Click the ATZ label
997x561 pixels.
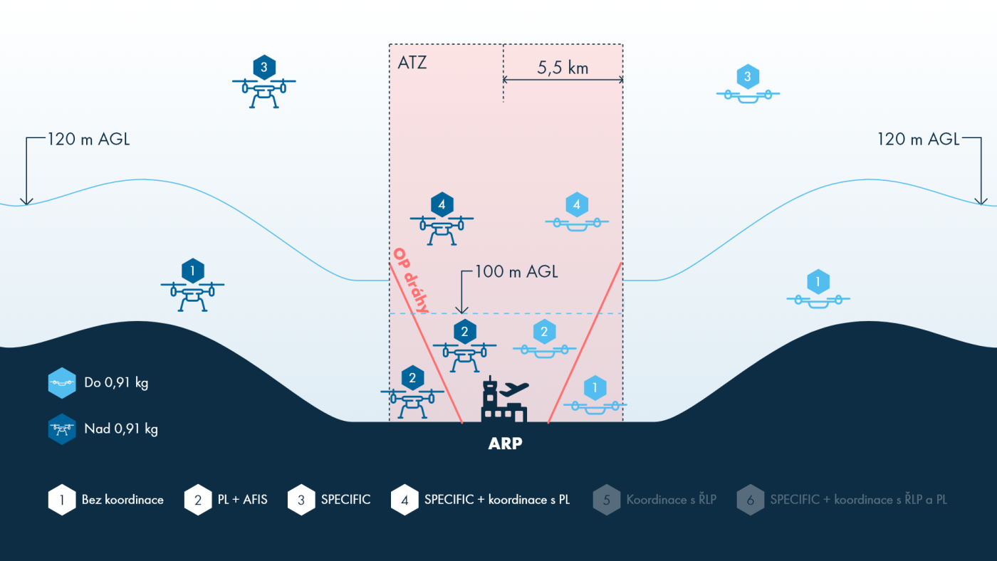(412, 63)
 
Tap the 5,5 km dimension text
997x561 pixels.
(563, 68)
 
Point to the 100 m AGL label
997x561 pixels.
(517, 271)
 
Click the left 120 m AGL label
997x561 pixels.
(88, 140)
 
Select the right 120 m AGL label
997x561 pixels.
(919, 140)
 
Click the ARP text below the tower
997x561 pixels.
(505, 444)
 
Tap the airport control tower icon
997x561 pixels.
(504, 402)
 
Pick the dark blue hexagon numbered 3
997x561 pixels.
(264, 68)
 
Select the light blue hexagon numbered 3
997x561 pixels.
(747, 76)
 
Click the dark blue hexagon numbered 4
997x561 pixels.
(442, 205)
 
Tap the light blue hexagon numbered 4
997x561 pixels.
(577, 205)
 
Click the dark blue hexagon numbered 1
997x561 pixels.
(192, 271)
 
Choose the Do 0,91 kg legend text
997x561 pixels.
(116, 383)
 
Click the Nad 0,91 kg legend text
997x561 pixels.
(121, 429)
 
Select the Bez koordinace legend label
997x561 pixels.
(122, 500)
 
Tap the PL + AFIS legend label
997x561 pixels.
(242, 500)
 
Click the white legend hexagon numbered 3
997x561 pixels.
(301, 500)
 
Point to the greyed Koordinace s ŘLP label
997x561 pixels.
(671, 500)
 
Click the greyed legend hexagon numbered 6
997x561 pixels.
(751, 500)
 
